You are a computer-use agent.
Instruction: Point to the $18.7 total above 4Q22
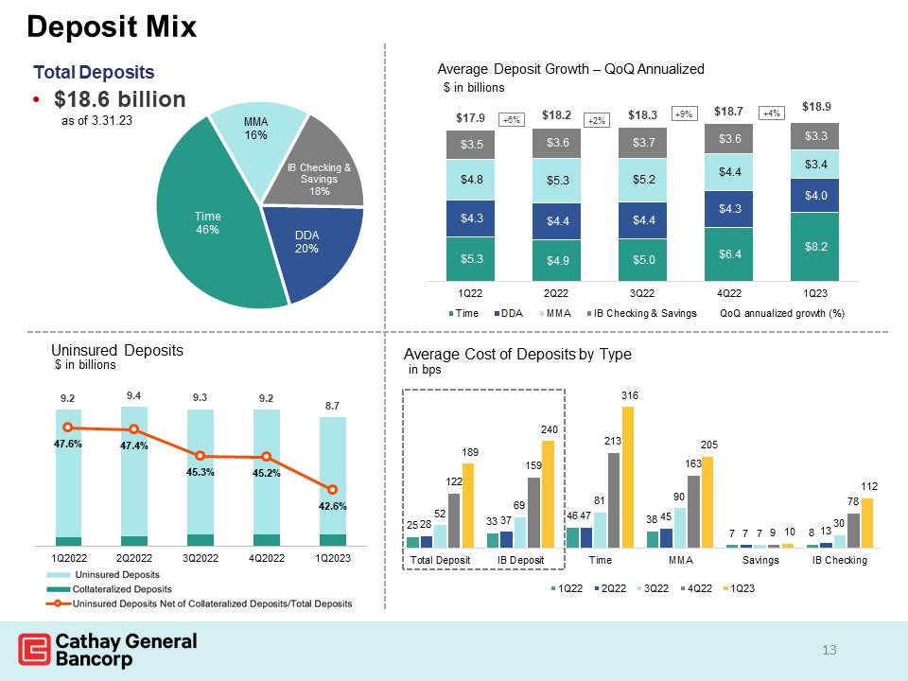[x=728, y=112]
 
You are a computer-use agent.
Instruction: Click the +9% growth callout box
[x=684, y=113]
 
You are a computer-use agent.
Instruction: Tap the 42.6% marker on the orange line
[x=333, y=489]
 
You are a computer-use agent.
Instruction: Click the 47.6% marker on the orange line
[x=67, y=428]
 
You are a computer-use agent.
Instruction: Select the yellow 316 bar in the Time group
[x=628, y=477]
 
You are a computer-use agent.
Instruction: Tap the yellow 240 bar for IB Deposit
[x=548, y=494]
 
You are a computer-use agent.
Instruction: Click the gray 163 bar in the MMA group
[x=694, y=511]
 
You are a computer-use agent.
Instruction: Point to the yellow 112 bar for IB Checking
[x=867, y=522]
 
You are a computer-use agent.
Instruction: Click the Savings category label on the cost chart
[x=760, y=561]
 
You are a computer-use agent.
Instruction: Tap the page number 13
[x=830, y=650]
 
